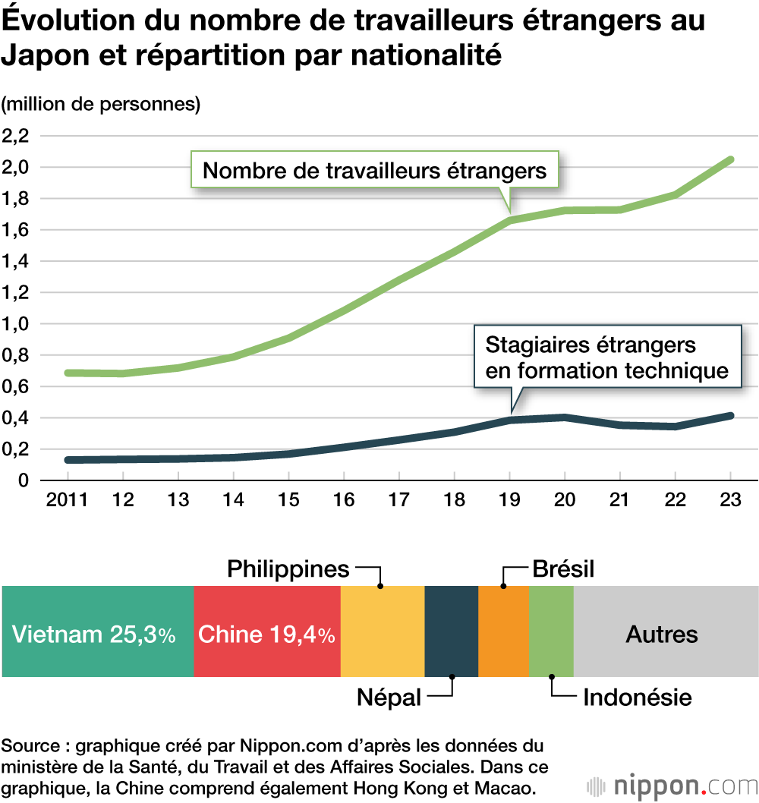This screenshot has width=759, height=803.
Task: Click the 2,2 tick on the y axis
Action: (x=16, y=136)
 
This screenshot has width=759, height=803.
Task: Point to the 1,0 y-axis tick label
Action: (x=16, y=323)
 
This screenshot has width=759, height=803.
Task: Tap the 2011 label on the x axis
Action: (x=67, y=501)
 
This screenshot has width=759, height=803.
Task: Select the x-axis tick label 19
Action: (x=509, y=501)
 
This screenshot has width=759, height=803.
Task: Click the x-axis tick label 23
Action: (x=730, y=501)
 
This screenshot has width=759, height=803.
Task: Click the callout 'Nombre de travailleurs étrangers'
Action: (x=375, y=170)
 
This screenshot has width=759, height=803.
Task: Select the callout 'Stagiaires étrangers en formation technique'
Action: (x=606, y=357)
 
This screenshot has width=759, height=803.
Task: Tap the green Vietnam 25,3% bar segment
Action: (x=98, y=631)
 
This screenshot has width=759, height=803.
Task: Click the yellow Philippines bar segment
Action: (x=383, y=631)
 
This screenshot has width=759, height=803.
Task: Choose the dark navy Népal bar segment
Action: (x=451, y=631)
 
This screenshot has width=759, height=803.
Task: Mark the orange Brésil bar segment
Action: (x=503, y=631)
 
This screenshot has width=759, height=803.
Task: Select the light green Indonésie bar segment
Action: (x=551, y=631)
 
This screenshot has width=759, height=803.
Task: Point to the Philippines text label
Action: (x=288, y=568)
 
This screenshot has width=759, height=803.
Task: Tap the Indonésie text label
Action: (x=637, y=698)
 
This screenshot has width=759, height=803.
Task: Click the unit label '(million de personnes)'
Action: (x=101, y=104)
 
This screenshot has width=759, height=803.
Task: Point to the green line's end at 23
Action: (x=730, y=159)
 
